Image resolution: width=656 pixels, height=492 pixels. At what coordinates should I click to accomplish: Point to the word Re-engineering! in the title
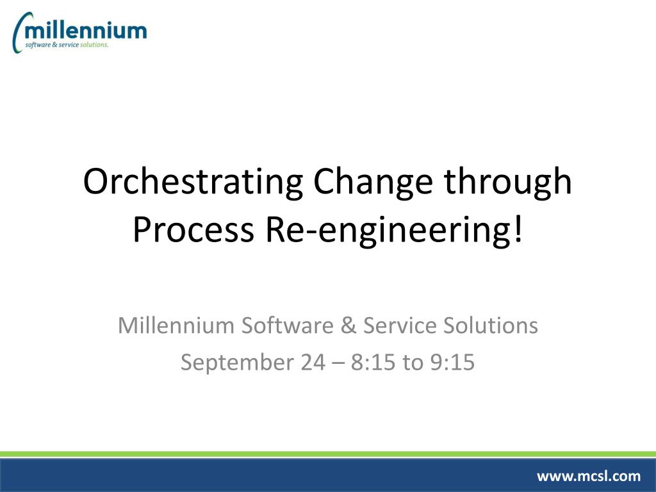point(391,230)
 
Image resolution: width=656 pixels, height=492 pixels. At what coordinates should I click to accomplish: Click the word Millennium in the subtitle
point(176,325)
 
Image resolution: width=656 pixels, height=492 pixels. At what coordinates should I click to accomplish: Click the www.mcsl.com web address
point(588,475)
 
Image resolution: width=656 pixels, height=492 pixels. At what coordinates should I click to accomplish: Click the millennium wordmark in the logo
point(86,29)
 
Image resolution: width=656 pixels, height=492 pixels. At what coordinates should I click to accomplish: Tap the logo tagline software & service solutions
point(66,45)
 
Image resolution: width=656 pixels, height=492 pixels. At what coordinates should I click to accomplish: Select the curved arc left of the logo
point(17,33)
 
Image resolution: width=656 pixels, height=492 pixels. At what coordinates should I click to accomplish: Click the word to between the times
point(412,363)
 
